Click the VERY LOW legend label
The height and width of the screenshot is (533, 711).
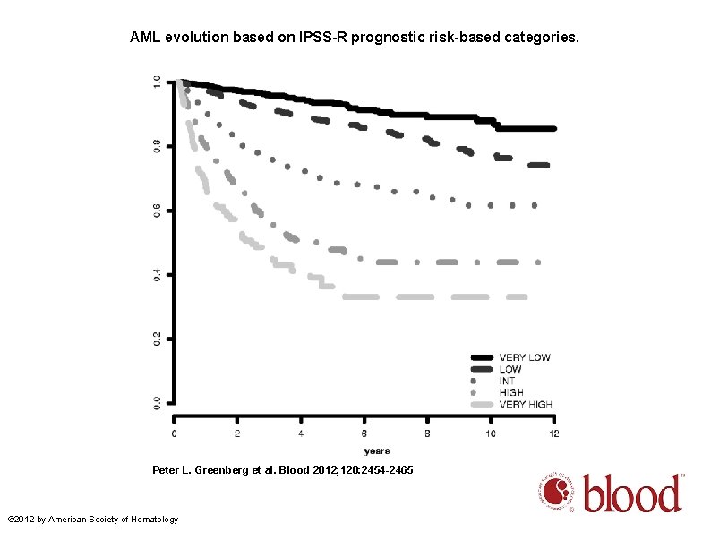point(525,357)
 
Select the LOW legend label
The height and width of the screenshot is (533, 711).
point(510,369)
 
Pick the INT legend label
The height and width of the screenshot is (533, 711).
point(508,381)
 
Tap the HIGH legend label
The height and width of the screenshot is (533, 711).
point(511,392)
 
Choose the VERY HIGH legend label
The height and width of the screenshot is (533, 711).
point(526,404)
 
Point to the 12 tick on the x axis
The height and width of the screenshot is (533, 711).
point(553,434)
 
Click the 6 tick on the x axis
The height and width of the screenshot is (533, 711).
point(364,434)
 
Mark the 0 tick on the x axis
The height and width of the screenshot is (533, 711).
point(176,434)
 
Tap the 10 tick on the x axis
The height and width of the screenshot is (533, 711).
point(490,434)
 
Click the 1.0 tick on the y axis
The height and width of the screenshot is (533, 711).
point(158,82)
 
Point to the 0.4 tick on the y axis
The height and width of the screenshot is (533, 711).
point(158,274)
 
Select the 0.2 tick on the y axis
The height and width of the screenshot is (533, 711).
point(158,339)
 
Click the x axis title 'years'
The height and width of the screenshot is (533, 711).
point(376,450)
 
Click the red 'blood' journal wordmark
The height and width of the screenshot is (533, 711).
point(632,494)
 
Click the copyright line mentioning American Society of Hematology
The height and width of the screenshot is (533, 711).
point(92,520)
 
